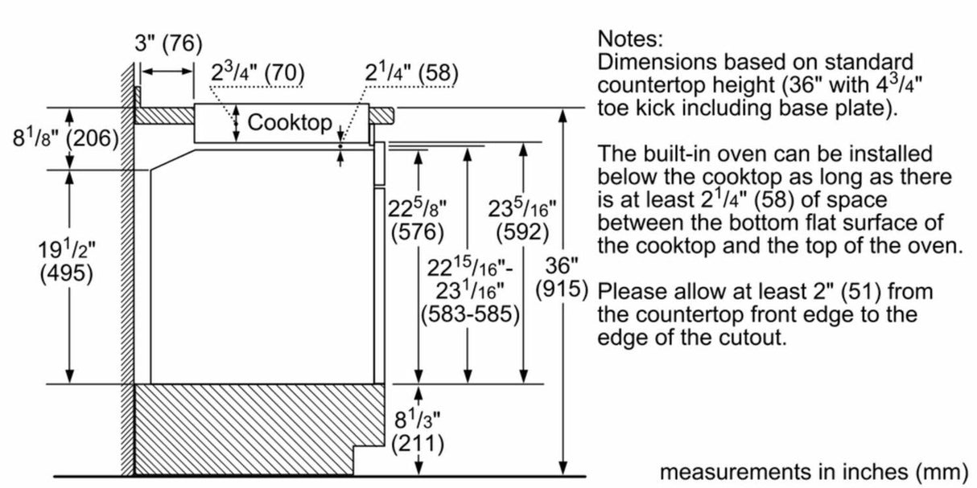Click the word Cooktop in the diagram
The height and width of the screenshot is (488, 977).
tap(290, 122)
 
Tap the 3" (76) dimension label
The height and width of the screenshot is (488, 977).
tap(169, 44)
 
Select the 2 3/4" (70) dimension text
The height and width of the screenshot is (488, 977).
tap(258, 72)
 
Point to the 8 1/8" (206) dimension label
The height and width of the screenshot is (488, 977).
tap(65, 138)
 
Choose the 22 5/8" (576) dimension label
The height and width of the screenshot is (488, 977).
tap(418, 220)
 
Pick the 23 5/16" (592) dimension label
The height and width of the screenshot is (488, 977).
tap(522, 220)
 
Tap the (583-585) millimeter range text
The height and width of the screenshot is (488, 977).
tap(470, 314)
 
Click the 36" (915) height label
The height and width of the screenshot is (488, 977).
tap(562, 277)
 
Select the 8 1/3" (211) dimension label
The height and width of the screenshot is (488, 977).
tap(418, 433)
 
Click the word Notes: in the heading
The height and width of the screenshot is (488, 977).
tap(630, 39)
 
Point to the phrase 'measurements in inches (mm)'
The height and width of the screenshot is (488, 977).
tap(814, 472)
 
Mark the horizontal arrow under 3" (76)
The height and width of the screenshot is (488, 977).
tap(167, 72)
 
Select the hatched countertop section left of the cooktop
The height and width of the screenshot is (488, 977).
tap(164, 116)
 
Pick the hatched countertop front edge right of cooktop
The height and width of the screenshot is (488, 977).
tap(381, 115)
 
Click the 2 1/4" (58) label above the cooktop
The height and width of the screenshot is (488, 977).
tap(412, 72)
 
